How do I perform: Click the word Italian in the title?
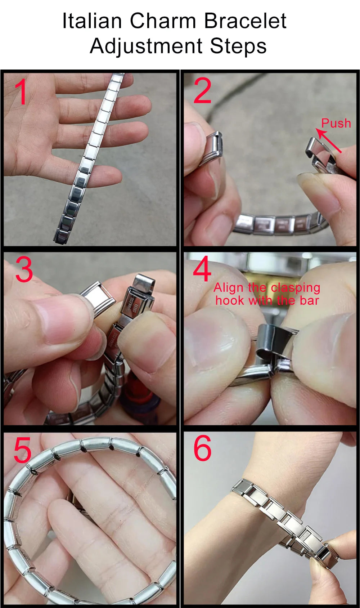92,21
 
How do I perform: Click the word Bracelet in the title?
245,21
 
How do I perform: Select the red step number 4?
202,269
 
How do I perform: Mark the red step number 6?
202,448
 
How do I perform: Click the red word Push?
336,124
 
